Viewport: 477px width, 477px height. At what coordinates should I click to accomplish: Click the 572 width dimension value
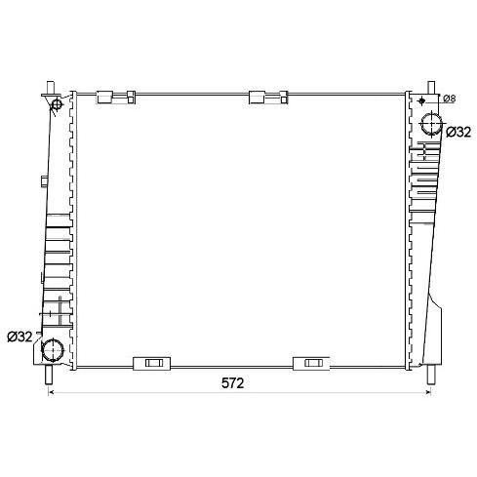[232, 383]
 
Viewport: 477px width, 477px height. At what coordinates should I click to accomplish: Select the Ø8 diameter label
[450, 99]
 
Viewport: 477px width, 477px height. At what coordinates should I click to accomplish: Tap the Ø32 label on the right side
[458, 132]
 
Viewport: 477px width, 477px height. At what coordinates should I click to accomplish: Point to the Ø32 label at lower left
[20, 337]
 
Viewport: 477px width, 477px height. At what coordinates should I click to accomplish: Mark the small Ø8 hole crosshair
[422, 100]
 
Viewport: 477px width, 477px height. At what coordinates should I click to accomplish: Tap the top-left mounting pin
[51, 88]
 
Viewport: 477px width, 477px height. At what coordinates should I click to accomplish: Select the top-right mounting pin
[431, 88]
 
